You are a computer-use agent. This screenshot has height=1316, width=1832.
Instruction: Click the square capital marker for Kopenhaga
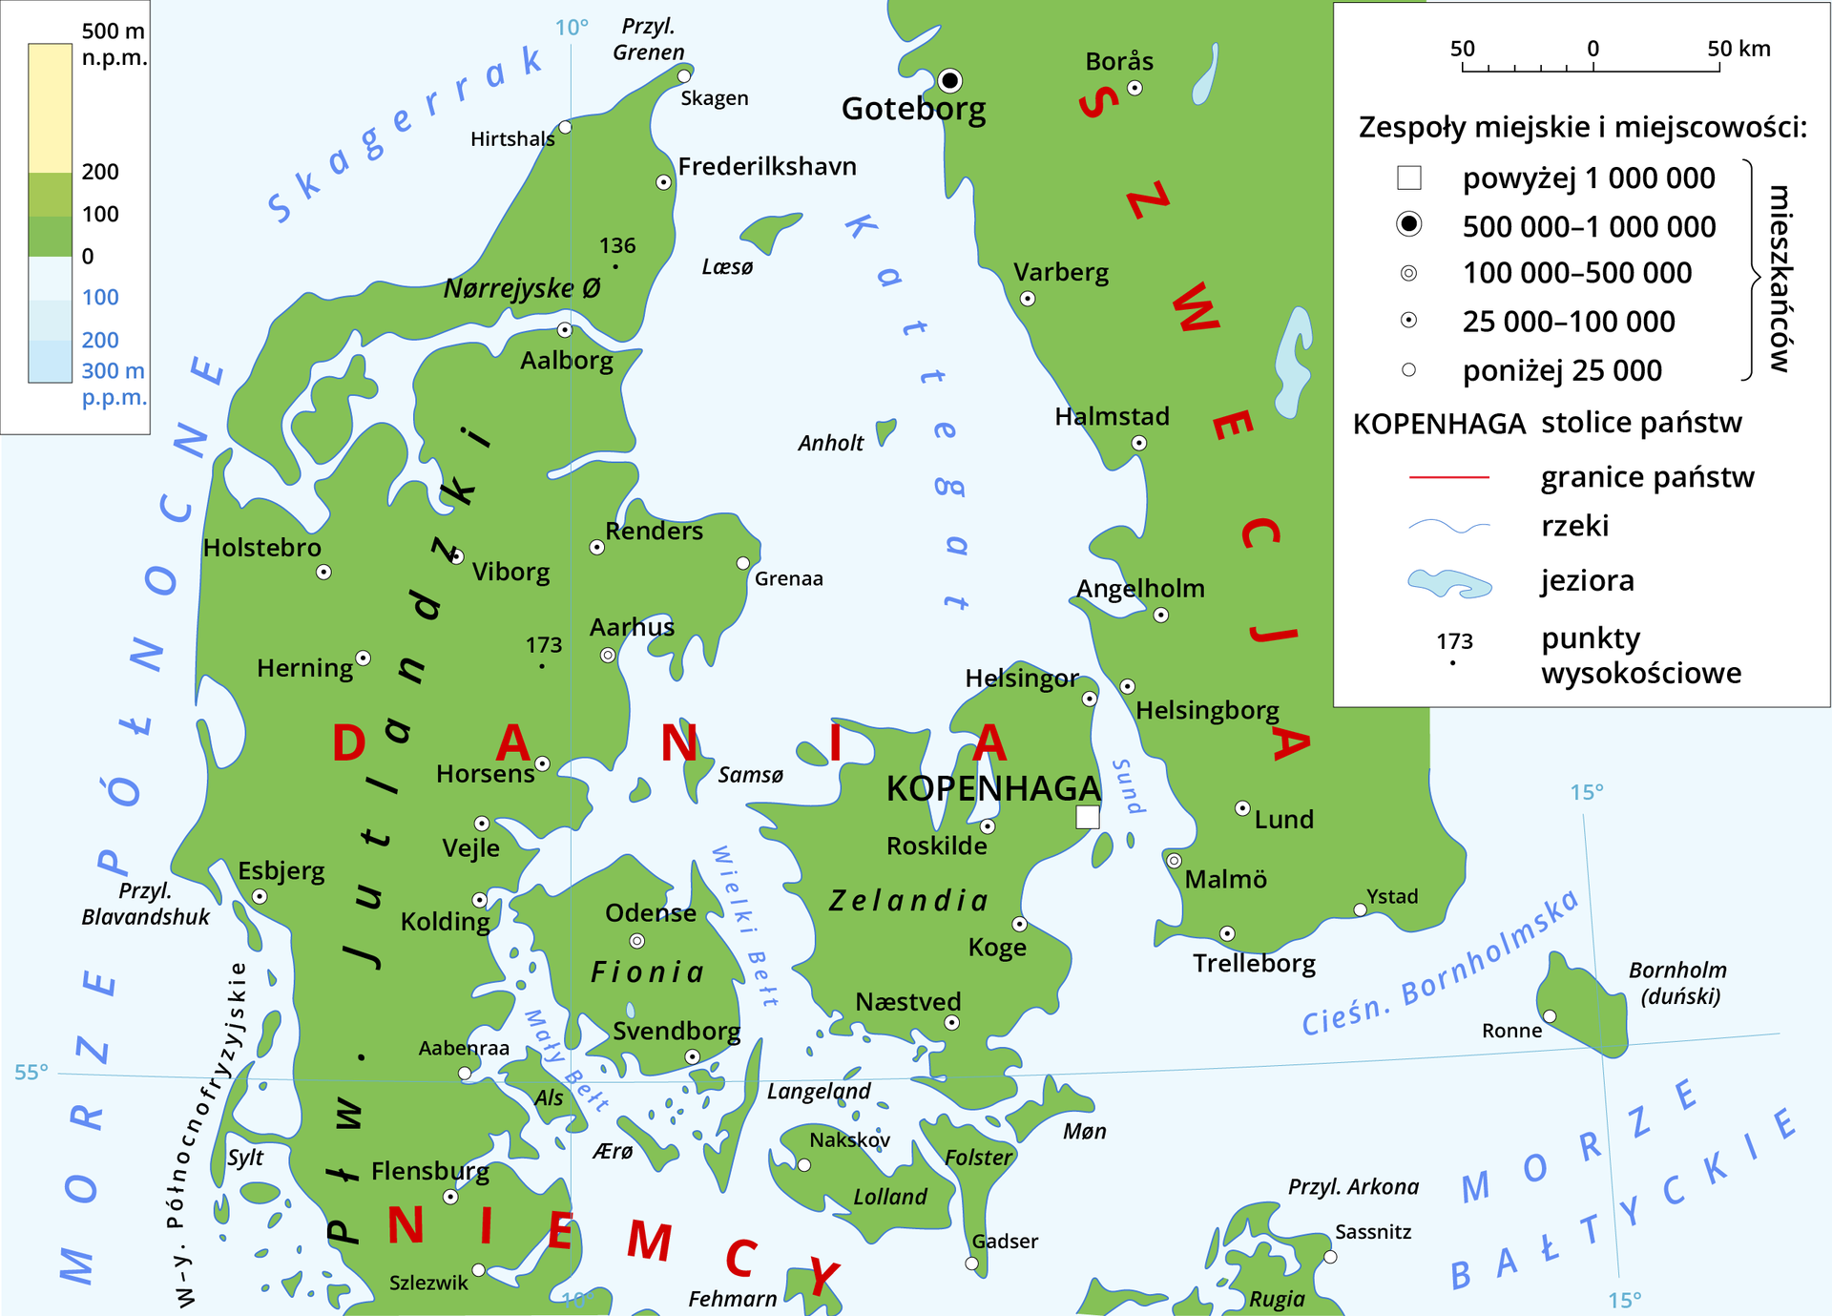pyautogui.click(x=1087, y=817)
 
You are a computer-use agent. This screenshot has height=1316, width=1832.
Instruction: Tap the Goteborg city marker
pyautogui.click(x=949, y=79)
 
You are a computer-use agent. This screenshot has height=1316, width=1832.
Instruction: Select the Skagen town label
pyautogui.click(x=714, y=98)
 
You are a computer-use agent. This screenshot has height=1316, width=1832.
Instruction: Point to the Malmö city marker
pyautogui.click(x=1174, y=860)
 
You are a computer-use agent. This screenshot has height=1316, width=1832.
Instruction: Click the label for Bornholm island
pyautogui.click(x=1677, y=982)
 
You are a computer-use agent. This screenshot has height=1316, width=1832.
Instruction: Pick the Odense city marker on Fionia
pyautogui.click(x=636, y=941)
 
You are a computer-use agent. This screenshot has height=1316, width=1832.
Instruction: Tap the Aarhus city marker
pyautogui.click(x=608, y=655)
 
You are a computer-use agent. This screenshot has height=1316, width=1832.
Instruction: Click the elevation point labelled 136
pyautogui.click(x=615, y=266)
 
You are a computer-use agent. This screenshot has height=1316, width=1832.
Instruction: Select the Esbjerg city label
pyautogui.click(x=281, y=870)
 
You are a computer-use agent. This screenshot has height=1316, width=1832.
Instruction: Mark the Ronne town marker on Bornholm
pyautogui.click(x=1550, y=1016)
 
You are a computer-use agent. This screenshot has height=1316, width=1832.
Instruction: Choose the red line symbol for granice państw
pyautogui.click(x=1448, y=476)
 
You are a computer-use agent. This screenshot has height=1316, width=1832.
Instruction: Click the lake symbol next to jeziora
pyautogui.click(x=1448, y=582)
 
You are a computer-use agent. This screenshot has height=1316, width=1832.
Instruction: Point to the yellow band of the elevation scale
pyautogui.click(x=51, y=107)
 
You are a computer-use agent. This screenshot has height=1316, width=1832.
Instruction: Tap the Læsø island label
pyautogui.click(x=727, y=267)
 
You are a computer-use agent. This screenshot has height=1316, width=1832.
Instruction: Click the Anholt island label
pyautogui.click(x=830, y=443)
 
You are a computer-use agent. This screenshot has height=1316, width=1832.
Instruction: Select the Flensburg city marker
pyautogui.click(x=450, y=1196)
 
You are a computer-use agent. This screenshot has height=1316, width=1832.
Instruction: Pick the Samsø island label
pyautogui.click(x=750, y=775)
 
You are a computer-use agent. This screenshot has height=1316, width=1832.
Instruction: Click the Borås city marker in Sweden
pyautogui.click(x=1135, y=88)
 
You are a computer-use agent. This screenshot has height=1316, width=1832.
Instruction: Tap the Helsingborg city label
pyautogui.click(x=1207, y=710)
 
